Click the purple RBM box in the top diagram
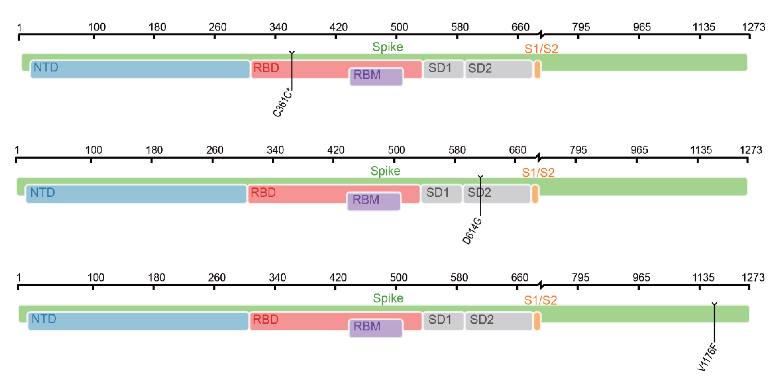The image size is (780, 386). (376, 76)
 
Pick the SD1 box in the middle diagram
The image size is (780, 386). (441, 194)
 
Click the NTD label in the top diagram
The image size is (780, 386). (46, 67)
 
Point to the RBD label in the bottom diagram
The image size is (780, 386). (265, 319)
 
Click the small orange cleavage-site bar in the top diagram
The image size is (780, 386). (537, 69)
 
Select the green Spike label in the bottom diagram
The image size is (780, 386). (388, 298)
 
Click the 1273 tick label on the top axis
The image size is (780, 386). (753, 27)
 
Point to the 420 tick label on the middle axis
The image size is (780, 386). (336, 150)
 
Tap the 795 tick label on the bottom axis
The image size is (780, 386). (580, 277)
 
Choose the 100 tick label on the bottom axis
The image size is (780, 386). (96, 277)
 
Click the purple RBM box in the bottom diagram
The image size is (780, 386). (375, 328)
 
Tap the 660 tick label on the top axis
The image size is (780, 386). (520, 27)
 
